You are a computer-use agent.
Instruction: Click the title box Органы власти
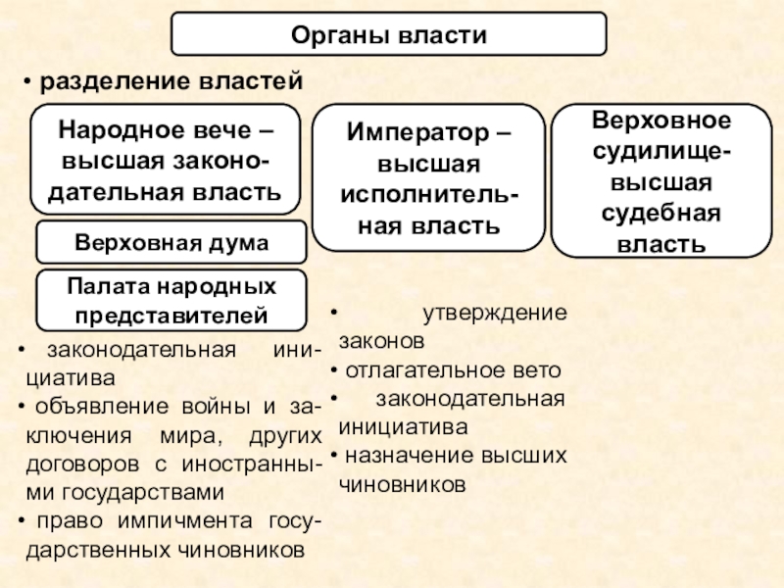click(389, 35)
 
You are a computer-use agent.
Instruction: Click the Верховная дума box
click(171, 242)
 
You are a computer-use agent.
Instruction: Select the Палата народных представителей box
click(171, 300)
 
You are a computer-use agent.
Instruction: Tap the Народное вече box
click(166, 160)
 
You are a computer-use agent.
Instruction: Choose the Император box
click(427, 177)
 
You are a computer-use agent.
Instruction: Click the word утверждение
click(494, 315)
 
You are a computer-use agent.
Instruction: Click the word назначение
click(406, 456)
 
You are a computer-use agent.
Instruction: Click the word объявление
click(102, 407)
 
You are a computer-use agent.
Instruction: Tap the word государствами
click(147, 491)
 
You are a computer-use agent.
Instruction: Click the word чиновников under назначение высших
click(401, 484)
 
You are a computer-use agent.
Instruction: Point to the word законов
click(381, 343)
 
